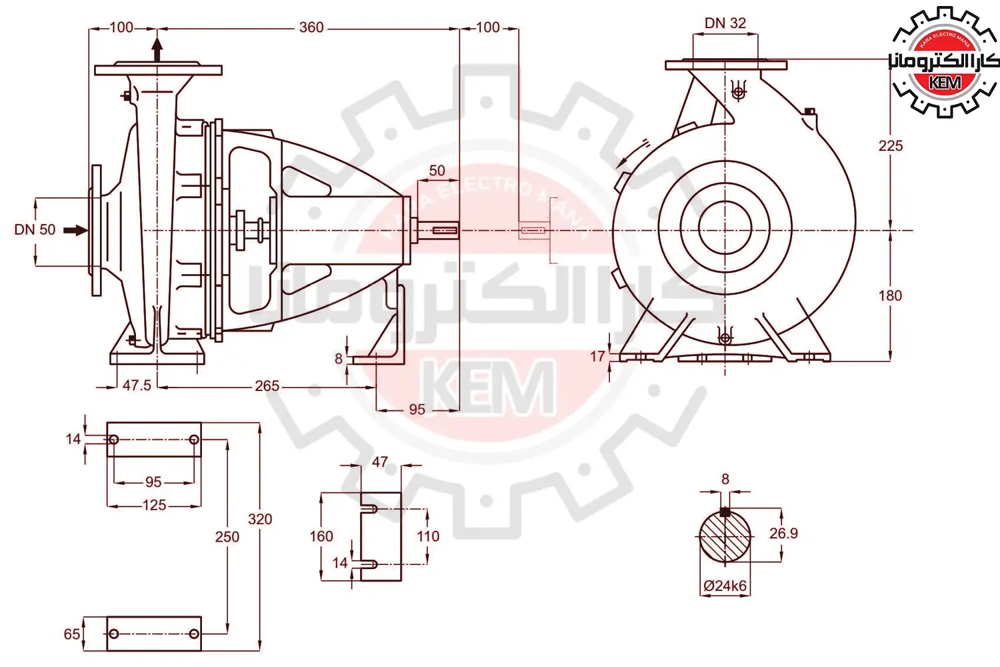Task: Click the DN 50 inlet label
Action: click(x=35, y=229)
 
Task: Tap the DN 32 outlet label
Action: click(x=725, y=23)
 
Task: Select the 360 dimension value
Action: click(x=311, y=28)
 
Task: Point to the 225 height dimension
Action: click(x=891, y=145)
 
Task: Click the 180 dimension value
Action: click(x=890, y=295)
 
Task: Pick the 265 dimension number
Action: click(x=267, y=386)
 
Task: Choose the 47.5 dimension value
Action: click(x=137, y=385)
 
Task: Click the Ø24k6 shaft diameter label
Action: click(x=725, y=586)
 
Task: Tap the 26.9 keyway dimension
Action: click(x=783, y=533)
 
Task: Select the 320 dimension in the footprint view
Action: click(x=260, y=519)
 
